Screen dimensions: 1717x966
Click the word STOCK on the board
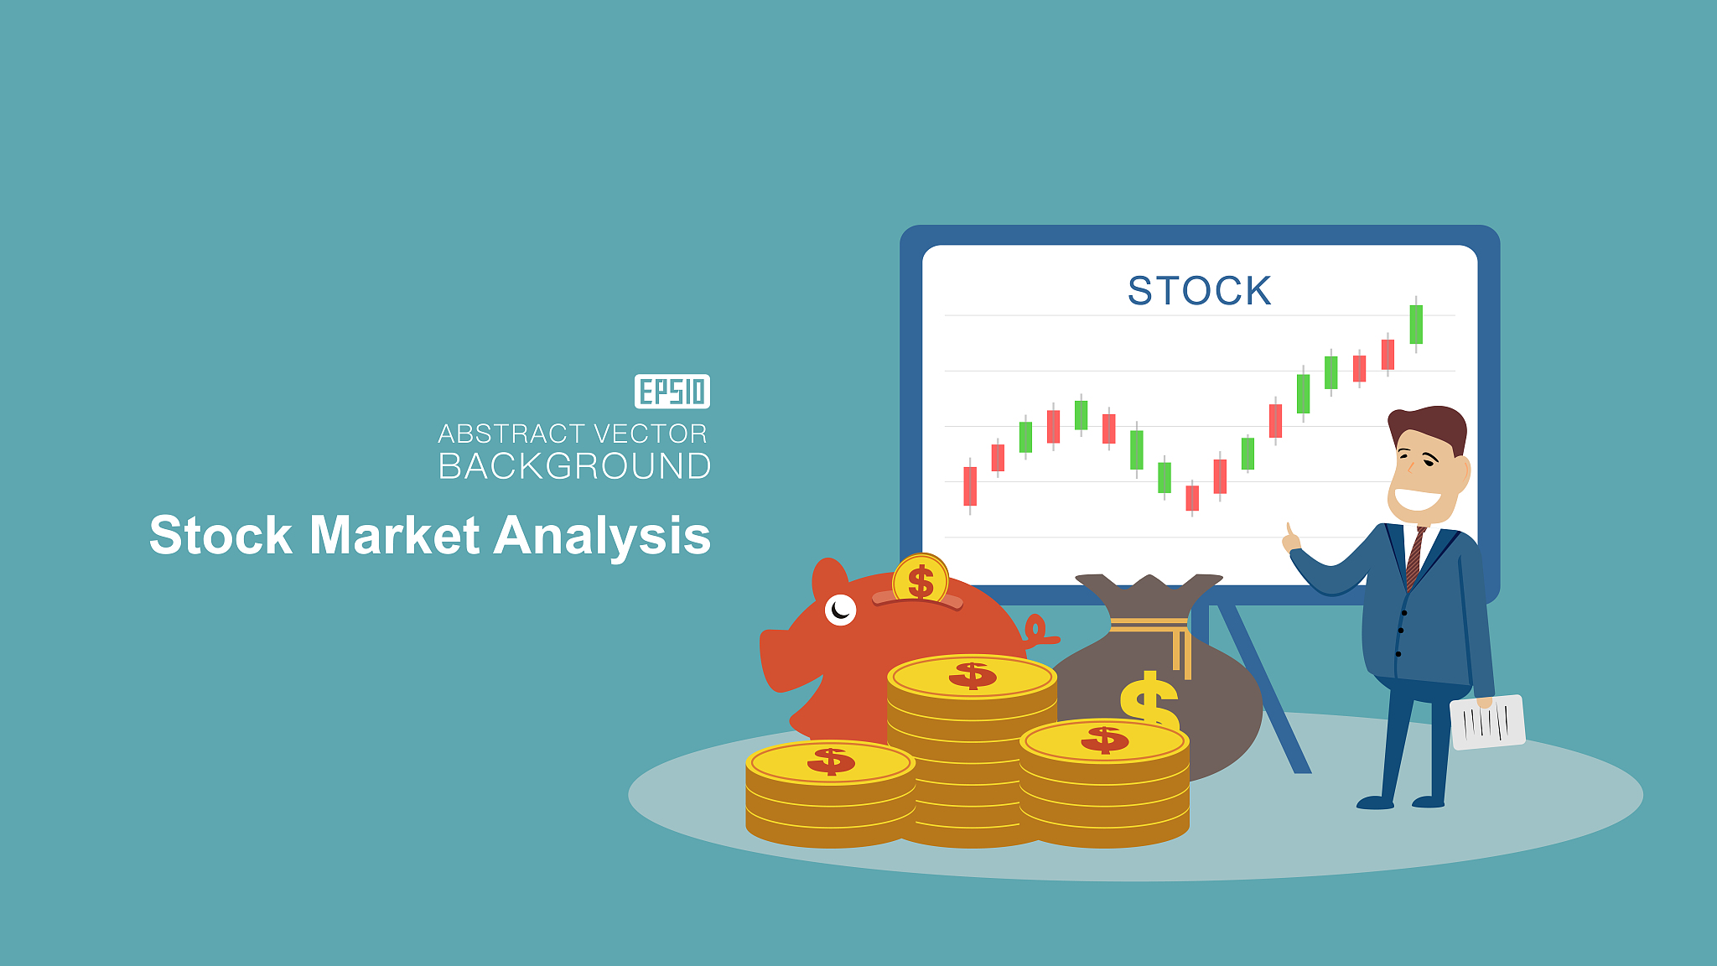[x=1199, y=291]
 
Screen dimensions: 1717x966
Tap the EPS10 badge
[x=672, y=392]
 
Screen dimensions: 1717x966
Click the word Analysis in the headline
[x=602, y=537]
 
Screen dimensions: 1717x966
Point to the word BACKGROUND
[x=575, y=466]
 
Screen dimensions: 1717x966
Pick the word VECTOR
[x=650, y=434]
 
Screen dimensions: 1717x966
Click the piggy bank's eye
[x=840, y=610]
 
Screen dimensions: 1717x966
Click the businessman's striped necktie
[x=1415, y=558]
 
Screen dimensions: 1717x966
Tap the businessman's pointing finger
[x=1289, y=532]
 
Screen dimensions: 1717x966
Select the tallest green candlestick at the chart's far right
[x=1416, y=325]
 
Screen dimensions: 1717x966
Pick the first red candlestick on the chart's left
[x=970, y=486]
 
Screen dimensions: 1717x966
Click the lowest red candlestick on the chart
[x=1192, y=498]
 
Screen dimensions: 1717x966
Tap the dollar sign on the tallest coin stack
[x=973, y=675]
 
